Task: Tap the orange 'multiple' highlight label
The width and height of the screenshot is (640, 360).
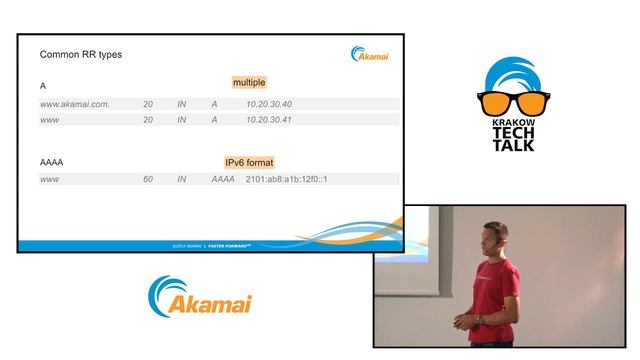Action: [x=249, y=82]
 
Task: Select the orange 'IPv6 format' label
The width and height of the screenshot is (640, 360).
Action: [x=249, y=162]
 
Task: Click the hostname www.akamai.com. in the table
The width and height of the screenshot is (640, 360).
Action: [x=74, y=104]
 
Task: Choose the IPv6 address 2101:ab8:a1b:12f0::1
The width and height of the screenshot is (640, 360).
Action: [x=287, y=179]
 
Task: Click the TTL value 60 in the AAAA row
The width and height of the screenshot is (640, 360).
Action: [x=148, y=179]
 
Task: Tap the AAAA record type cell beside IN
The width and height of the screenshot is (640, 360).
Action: [x=223, y=179]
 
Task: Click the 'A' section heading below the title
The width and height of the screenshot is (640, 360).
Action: [x=43, y=86]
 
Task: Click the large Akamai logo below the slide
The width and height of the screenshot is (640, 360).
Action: [x=200, y=298]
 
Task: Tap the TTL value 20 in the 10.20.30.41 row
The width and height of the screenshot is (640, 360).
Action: [x=148, y=120]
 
